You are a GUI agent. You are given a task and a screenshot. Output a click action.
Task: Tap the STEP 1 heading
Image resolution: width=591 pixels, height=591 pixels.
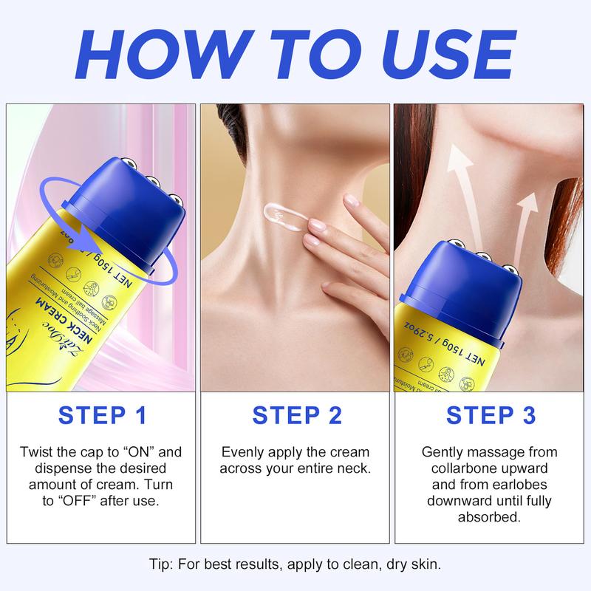[x=101, y=415]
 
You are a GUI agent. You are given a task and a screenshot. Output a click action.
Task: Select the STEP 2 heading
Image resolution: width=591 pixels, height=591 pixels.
[x=295, y=415]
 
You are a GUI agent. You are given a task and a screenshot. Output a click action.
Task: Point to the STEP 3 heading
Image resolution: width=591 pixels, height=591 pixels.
[x=489, y=415]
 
